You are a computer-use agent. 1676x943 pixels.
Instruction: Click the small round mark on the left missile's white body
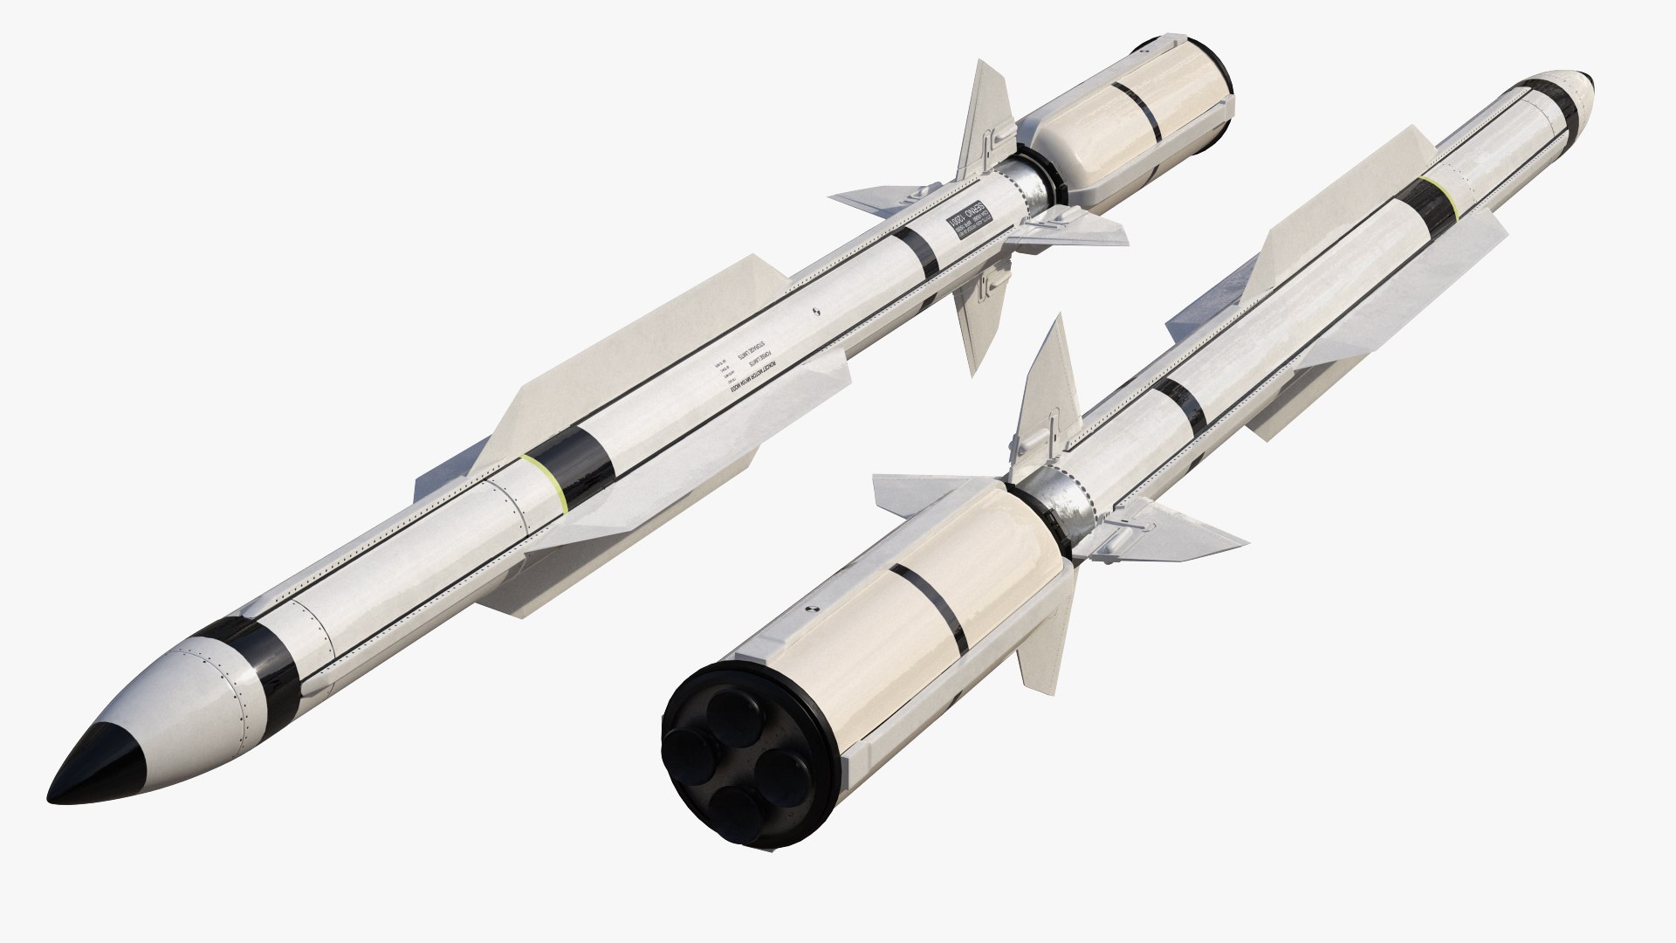click(815, 310)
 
